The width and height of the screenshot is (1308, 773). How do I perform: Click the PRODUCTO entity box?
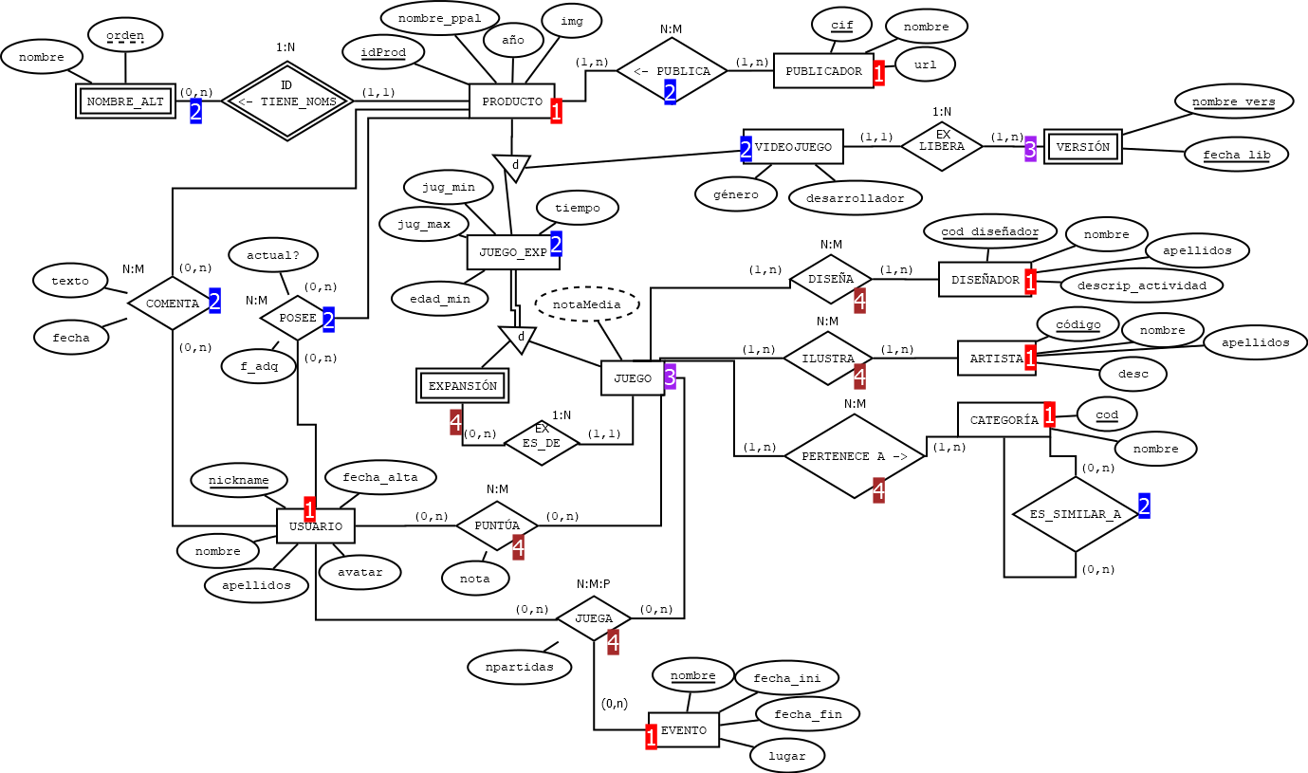(511, 101)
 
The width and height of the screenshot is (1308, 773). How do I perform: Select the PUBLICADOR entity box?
(823, 71)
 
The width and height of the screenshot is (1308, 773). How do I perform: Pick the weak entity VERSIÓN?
(1082, 147)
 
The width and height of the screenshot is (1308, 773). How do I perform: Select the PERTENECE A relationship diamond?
(855, 456)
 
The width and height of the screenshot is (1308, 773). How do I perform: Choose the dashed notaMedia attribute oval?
(587, 304)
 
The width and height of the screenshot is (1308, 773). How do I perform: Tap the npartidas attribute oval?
(519, 667)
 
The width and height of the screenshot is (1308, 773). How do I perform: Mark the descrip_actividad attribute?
(1141, 285)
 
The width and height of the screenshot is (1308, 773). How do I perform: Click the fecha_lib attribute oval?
(1236, 155)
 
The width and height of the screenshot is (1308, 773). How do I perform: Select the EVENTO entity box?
(684, 730)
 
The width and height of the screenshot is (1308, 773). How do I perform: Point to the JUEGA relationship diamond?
(594, 618)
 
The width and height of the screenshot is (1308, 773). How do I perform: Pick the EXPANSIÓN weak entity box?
(463, 386)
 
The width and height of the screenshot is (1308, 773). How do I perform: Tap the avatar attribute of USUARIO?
(359, 572)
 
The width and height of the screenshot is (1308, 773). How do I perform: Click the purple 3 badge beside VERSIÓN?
(1031, 148)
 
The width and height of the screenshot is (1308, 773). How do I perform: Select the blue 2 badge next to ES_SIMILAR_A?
(1144, 506)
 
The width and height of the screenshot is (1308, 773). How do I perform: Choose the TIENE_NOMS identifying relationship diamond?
(286, 101)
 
